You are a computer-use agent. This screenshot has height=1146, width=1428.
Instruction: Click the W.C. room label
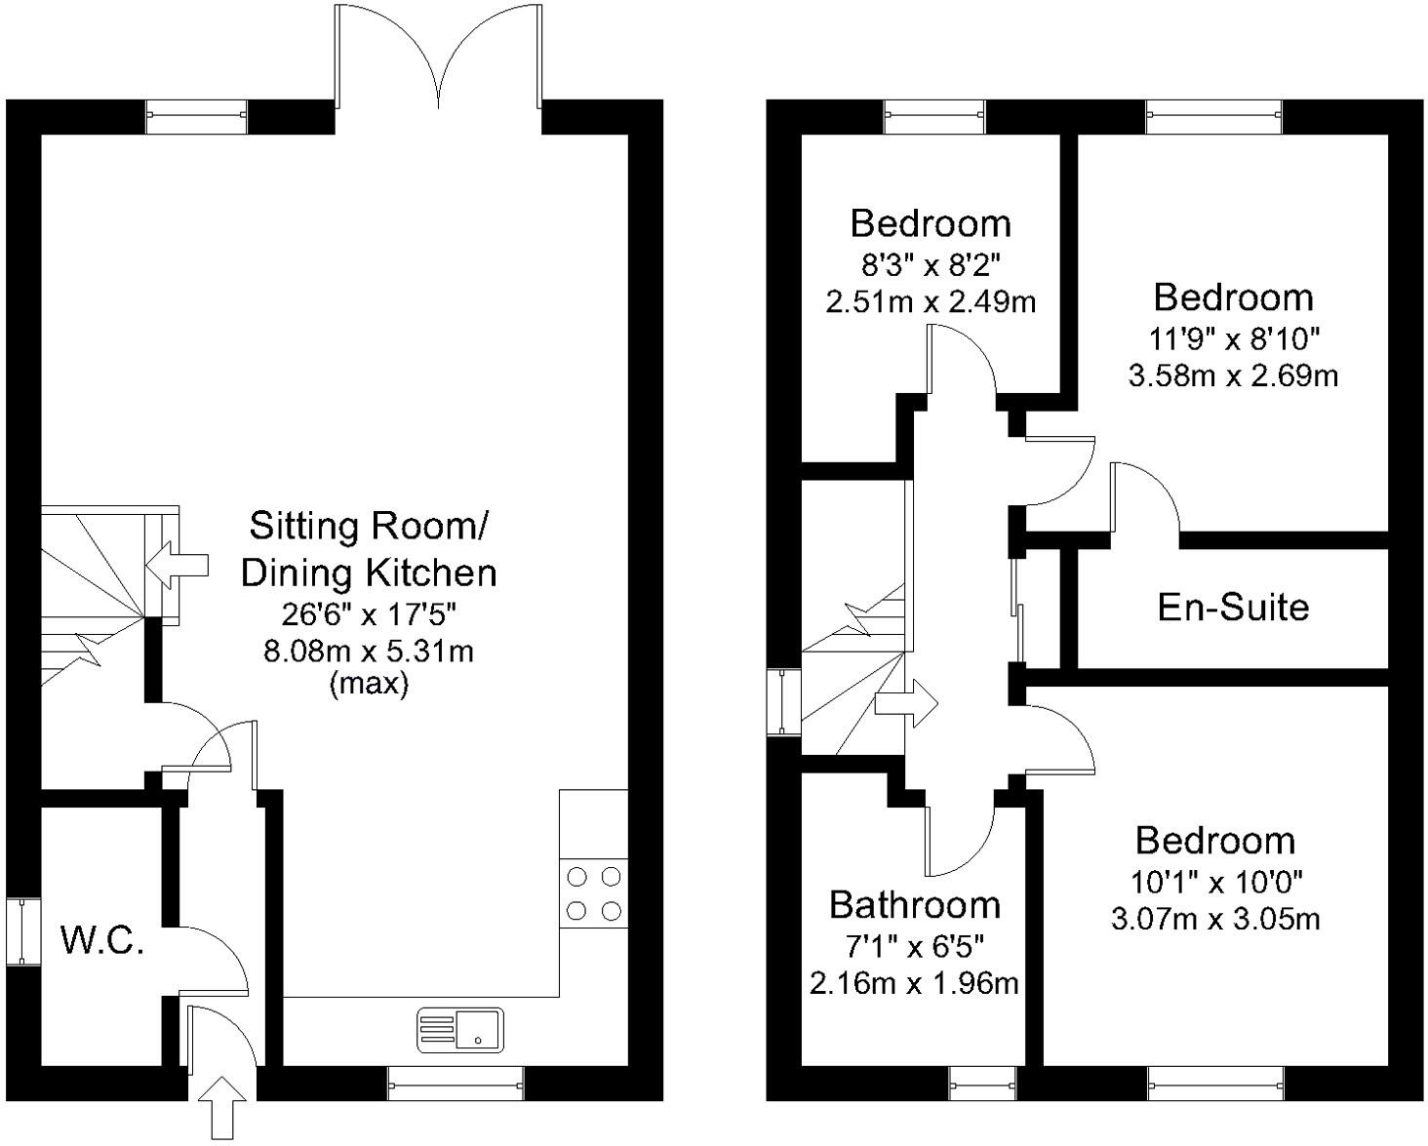tap(102, 941)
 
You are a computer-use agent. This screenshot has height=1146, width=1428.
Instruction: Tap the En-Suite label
tap(1233, 607)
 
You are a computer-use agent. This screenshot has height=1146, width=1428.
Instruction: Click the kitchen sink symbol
tap(460, 1030)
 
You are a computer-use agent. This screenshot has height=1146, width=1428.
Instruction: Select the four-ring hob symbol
tap(594, 893)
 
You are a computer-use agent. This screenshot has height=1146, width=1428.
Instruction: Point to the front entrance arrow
tap(223, 1106)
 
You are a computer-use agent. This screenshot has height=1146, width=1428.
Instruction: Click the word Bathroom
tap(914, 905)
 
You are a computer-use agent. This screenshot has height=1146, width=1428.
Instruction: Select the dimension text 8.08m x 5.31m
tap(369, 651)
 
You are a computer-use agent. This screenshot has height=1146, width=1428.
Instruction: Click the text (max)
tap(369, 684)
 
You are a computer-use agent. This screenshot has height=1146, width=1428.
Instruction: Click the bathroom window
tap(982, 1083)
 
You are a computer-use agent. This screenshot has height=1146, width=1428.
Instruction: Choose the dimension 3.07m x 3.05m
tap(1215, 918)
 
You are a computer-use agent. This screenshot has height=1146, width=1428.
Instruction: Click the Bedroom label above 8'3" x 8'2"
tap(931, 223)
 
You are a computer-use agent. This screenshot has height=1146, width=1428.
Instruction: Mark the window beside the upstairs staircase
tap(783, 701)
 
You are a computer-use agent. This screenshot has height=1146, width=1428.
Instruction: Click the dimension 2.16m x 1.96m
tap(914, 983)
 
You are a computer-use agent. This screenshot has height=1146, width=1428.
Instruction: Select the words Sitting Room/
tap(369, 526)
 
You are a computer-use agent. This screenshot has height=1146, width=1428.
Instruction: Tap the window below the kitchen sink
tap(456, 1083)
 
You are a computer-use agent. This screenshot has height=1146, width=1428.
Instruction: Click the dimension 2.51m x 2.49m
tap(931, 301)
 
